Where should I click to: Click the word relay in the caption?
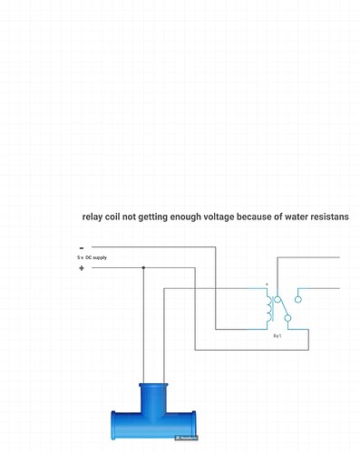click(x=92, y=217)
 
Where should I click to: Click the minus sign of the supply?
click(x=82, y=247)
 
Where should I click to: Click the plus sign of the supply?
click(x=82, y=268)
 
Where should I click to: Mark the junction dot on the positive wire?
click(x=143, y=268)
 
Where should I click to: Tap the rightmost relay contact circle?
click(x=298, y=297)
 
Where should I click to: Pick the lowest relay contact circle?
click(x=287, y=318)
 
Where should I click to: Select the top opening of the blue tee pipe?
click(x=153, y=385)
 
